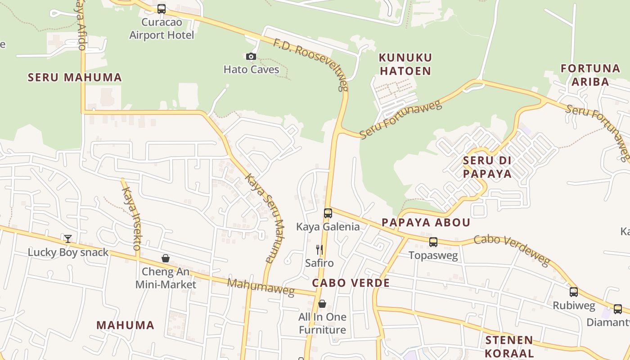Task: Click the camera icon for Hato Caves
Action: click(251, 56)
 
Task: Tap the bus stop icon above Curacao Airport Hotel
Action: click(162, 9)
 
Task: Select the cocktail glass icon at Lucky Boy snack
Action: click(67, 238)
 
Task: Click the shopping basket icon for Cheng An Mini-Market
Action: click(166, 258)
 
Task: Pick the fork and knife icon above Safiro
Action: click(319, 249)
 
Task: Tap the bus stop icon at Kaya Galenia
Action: click(328, 213)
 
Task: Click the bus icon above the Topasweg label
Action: click(433, 242)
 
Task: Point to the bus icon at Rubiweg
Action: click(574, 292)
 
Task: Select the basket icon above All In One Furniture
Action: click(322, 304)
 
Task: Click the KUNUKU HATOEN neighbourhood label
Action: click(405, 64)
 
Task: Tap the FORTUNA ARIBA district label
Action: click(590, 75)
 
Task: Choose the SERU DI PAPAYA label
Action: click(487, 167)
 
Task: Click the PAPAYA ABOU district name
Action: click(426, 222)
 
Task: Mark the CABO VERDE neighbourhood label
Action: click(351, 283)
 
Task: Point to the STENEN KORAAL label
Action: click(509, 346)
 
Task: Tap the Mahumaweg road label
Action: click(261, 287)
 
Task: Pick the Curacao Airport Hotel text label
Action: click(162, 28)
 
